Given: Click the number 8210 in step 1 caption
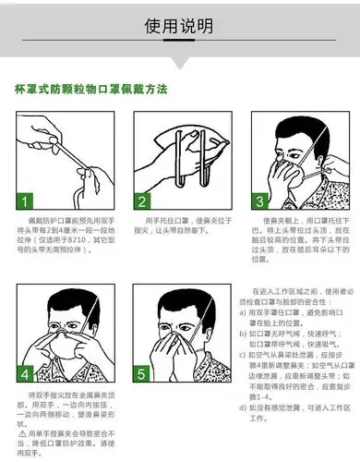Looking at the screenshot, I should [91, 239].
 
